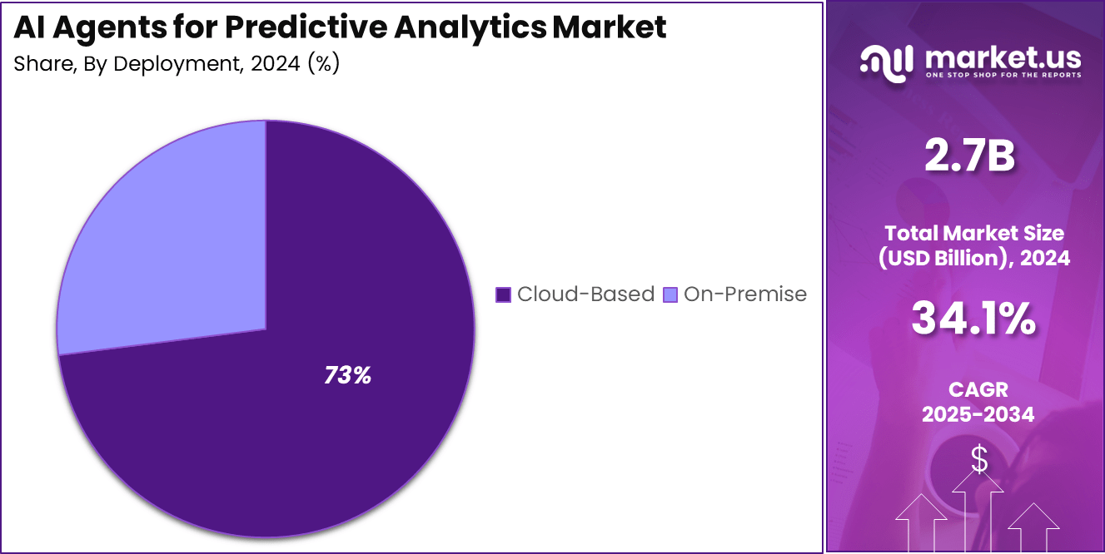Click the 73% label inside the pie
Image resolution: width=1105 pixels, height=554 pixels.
tap(347, 376)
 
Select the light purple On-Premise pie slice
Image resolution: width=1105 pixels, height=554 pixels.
tap(167, 241)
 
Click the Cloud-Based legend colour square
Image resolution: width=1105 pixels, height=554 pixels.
tap(503, 294)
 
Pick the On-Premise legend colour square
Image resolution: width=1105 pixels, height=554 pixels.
tap(669, 294)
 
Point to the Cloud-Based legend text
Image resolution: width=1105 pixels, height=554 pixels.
tap(585, 294)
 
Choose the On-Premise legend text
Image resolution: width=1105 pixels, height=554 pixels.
tap(744, 294)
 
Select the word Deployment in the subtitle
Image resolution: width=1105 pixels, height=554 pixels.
tap(171, 64)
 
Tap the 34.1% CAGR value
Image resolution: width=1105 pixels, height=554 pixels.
tap(973, 319)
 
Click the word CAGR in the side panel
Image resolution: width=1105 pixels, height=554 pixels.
tap(978, 389)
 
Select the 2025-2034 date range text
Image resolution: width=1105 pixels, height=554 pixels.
tap(978, 414)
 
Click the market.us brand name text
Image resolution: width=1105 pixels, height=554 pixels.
tap(1003, 57)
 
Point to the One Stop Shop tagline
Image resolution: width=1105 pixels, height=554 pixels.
tap(1003, 76)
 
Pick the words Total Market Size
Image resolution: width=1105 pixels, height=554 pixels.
tap(973, 233)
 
